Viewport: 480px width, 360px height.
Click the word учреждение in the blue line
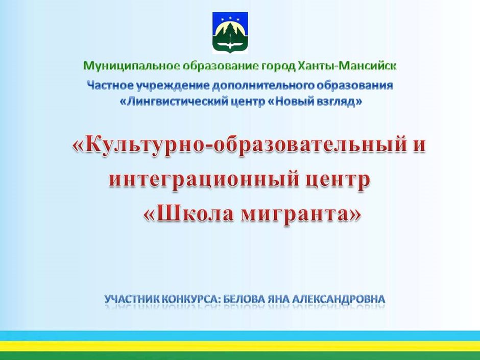pos(173,86)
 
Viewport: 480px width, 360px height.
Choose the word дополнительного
pos(262,86)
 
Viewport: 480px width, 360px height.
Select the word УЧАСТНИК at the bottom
pos(131,299)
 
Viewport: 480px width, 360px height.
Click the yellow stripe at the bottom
pos(240,346)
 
